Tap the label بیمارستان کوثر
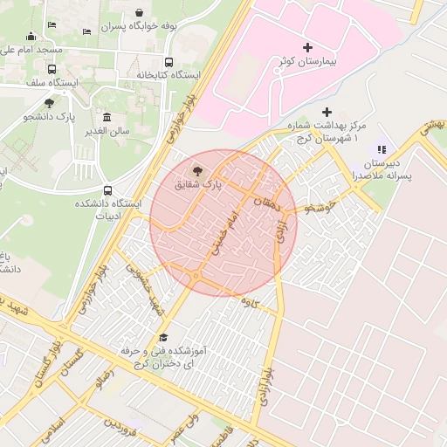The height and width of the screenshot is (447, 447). (306, 63)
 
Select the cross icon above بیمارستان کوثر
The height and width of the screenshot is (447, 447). (306, 46)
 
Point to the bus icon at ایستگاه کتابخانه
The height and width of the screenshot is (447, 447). (168, 61)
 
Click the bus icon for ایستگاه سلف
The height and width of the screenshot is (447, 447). (52, 68)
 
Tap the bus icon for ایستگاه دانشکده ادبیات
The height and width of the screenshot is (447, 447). (107, 189)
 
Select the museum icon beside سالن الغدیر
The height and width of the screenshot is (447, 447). (107, 117)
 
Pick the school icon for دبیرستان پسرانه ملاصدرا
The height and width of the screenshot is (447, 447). (381, 148)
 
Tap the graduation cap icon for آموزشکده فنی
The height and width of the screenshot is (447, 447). (162, 337)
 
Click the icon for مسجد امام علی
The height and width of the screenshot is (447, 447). (31, 36)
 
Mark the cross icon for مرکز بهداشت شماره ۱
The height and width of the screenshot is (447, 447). (327, 112)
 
